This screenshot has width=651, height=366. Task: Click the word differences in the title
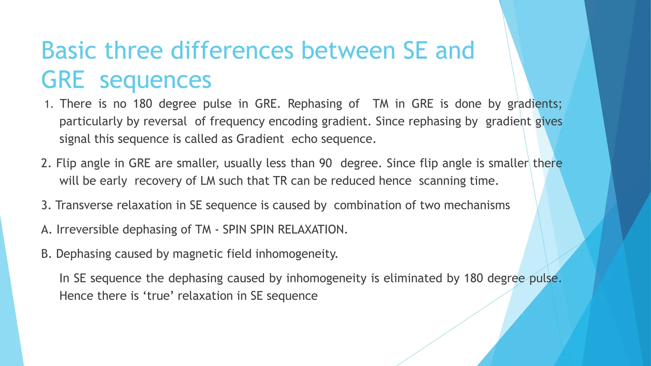(232, 51)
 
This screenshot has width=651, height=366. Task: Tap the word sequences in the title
(155, 80)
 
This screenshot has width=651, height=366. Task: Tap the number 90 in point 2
(325, 163)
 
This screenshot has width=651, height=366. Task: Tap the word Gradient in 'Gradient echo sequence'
(260, 139)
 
